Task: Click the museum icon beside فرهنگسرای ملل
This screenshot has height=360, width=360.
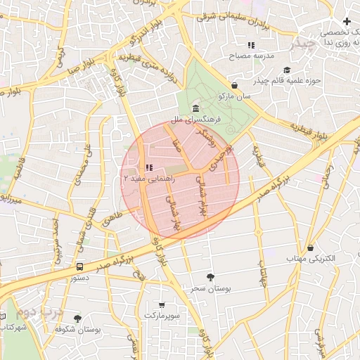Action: click(x=195, y=109)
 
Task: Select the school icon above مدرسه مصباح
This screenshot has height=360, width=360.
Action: click(x=251, y=45)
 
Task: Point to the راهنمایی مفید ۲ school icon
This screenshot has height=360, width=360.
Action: click(x=148, y=167)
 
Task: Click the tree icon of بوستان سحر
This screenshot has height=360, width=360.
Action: click(x=210, y=277)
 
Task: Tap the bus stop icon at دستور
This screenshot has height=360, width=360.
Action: click(x=79, y=266)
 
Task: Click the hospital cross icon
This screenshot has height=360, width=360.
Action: click(x=347, y=22)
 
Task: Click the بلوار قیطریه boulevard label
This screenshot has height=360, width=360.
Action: click(x=309, y=130)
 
